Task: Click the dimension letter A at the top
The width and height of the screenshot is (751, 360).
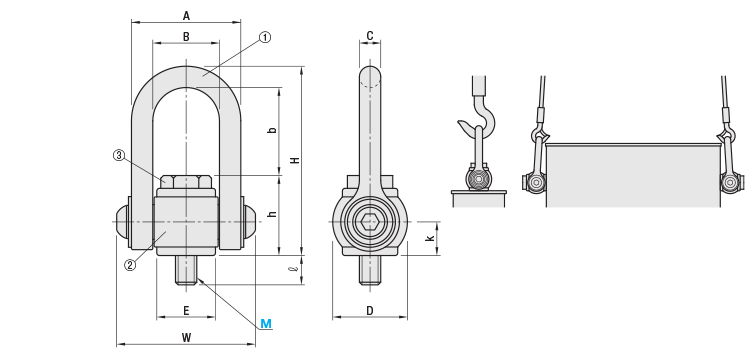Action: point(186,16)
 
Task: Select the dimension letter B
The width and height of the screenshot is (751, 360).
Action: point(186,36)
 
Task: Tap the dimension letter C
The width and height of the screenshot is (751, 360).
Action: point(370,35)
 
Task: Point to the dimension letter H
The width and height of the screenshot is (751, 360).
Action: point(296,160)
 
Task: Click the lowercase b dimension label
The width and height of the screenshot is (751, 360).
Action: point(273,130)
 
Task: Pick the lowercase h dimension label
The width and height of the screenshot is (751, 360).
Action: point(273,214)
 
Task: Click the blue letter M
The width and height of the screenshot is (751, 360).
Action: point(266,324)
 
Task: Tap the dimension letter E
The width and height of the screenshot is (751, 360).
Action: point(186,311)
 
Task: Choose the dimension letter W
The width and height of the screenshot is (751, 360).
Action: point(186,338)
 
